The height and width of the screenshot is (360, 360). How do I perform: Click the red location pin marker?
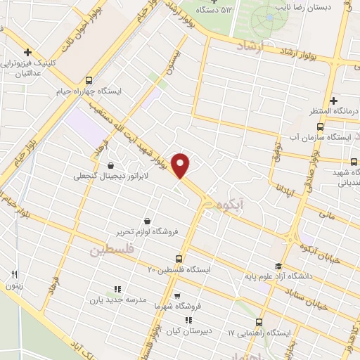[181, 165]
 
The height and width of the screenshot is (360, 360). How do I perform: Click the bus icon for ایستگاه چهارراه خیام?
[88, 80]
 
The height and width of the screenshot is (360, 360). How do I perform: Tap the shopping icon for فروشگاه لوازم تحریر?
[146, 219]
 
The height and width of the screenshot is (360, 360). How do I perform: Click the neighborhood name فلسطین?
[112, 250]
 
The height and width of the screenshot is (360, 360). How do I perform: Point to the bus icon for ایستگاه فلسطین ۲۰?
[179, 258]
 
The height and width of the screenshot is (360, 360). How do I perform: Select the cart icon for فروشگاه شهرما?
[176, 295]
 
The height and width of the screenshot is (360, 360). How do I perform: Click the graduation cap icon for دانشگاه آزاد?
[278, 265]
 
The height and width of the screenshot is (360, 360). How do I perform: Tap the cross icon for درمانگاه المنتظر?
[334, 101]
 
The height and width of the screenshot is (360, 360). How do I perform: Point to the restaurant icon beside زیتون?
[14, 274]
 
